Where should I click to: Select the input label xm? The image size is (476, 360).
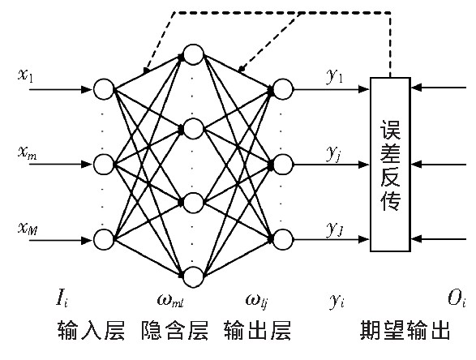pyautogui.click(x=26, y=152)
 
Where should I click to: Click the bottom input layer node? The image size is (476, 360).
pyautogui.click(x=104, y=240)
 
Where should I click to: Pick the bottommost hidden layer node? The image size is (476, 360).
pyautogui.click(x=193, y=274)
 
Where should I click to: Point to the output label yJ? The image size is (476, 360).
pyautogui.click(x=335, y=229)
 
